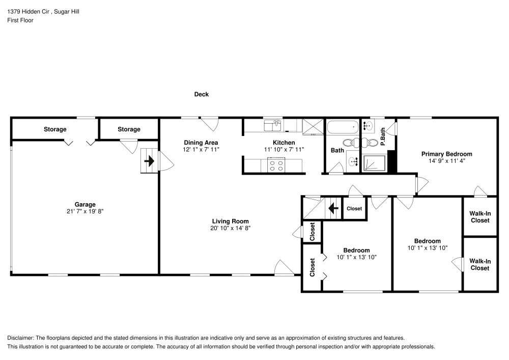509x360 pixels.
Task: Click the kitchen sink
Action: pos(273,124)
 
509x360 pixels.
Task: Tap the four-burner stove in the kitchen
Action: pos(276,165)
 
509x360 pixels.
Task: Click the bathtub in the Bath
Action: pos(343,127)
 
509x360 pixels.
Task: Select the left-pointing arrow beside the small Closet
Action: pos(333,208)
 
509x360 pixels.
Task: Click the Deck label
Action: pos(202,94)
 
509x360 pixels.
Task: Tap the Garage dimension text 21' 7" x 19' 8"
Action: pos(86,211)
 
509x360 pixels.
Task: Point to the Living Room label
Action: pos(230,221)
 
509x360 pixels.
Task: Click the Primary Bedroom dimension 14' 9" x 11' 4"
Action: pos(446,160)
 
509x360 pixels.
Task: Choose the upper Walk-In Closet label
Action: pos(480,217)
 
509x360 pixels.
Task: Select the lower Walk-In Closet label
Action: pos(480,264)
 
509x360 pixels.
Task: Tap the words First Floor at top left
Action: pos(20,20)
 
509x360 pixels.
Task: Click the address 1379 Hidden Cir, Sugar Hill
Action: pos(43,11)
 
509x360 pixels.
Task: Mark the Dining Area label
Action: pos(201,143)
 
